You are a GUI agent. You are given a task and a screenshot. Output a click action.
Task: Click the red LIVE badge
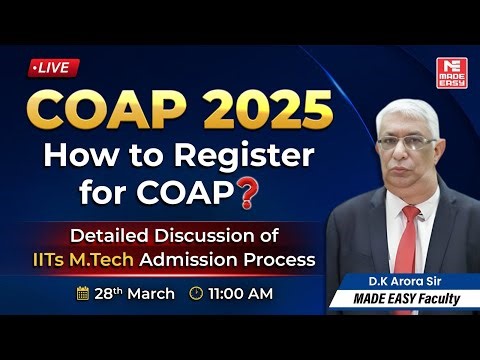tap(51, 67)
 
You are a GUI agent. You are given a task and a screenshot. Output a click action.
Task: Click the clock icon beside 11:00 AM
tap(196, 294)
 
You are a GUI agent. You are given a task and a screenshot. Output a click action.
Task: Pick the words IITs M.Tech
tap(129, 260)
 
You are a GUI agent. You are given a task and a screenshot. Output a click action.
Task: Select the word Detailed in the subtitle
tap(107, 236)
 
